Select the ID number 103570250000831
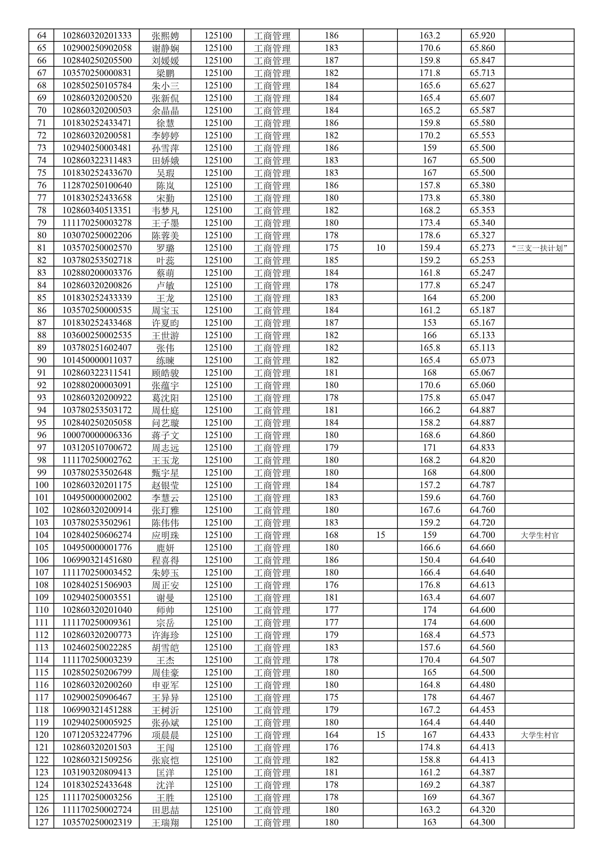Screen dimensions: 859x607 click(97, 73)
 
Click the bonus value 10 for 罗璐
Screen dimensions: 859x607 click(380, 248)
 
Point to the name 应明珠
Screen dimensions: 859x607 click(165, 535)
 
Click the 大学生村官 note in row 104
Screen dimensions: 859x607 click(539, 535)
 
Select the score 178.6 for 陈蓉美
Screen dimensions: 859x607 click(429, 235)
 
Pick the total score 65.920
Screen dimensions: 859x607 click(482, 36)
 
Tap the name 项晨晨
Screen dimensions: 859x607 click(165, 735)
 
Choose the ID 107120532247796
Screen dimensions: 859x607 click(97, 735)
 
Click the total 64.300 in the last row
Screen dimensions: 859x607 click(482, 822)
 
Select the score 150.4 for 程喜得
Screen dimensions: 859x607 click(429, 560)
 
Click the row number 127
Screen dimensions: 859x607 click(42, 822)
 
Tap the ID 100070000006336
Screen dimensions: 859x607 click(97, 435)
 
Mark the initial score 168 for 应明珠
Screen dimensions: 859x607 click(331, 535)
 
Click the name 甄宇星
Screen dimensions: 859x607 click(165, 473)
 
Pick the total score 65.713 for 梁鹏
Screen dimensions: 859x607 click(482, 73)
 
